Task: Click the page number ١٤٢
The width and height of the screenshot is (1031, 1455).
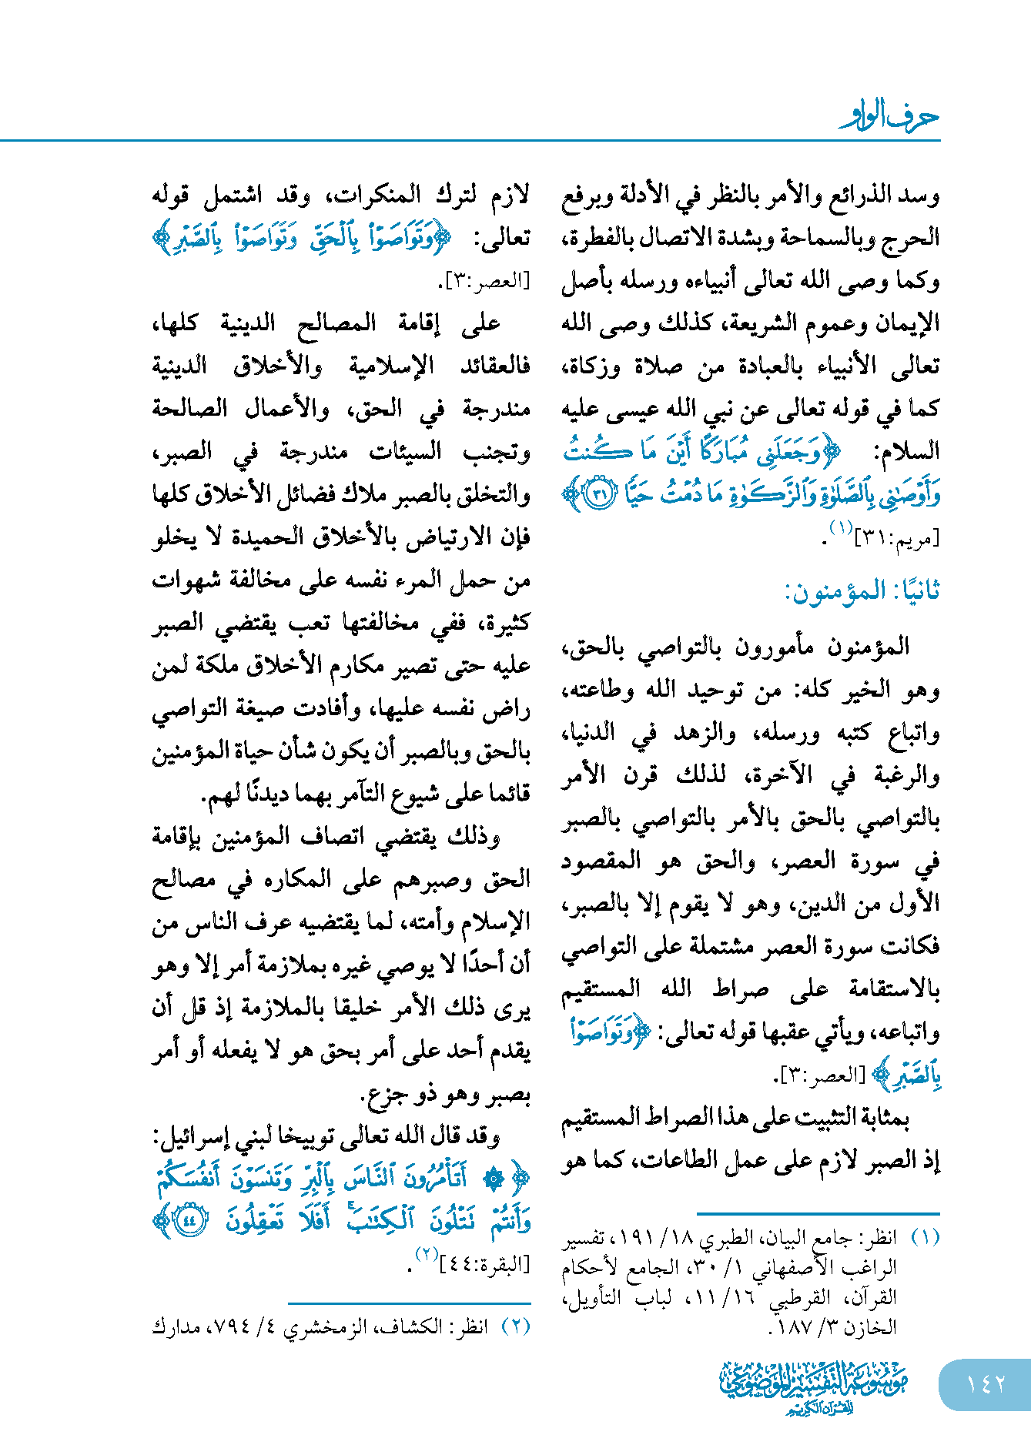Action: [x=985, y=1383]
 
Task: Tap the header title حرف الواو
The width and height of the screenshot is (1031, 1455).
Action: [x=889, y=117]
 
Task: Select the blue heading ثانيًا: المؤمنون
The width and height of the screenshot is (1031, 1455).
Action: [x=862, y=591]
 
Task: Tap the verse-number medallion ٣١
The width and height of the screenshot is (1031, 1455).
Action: [x=601, y=493]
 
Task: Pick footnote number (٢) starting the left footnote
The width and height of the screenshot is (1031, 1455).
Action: [x=516, y=1326]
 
